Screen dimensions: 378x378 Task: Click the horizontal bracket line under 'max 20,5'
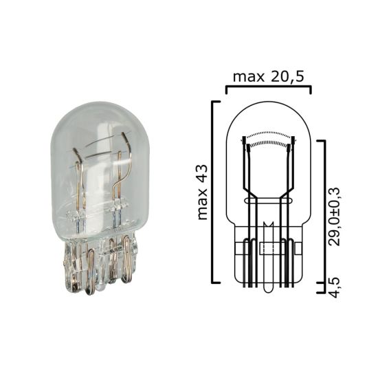pos(268,87)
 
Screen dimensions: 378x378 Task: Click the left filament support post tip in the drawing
pos(245,140)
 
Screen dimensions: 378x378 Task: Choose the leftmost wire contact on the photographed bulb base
pos(73,265)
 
